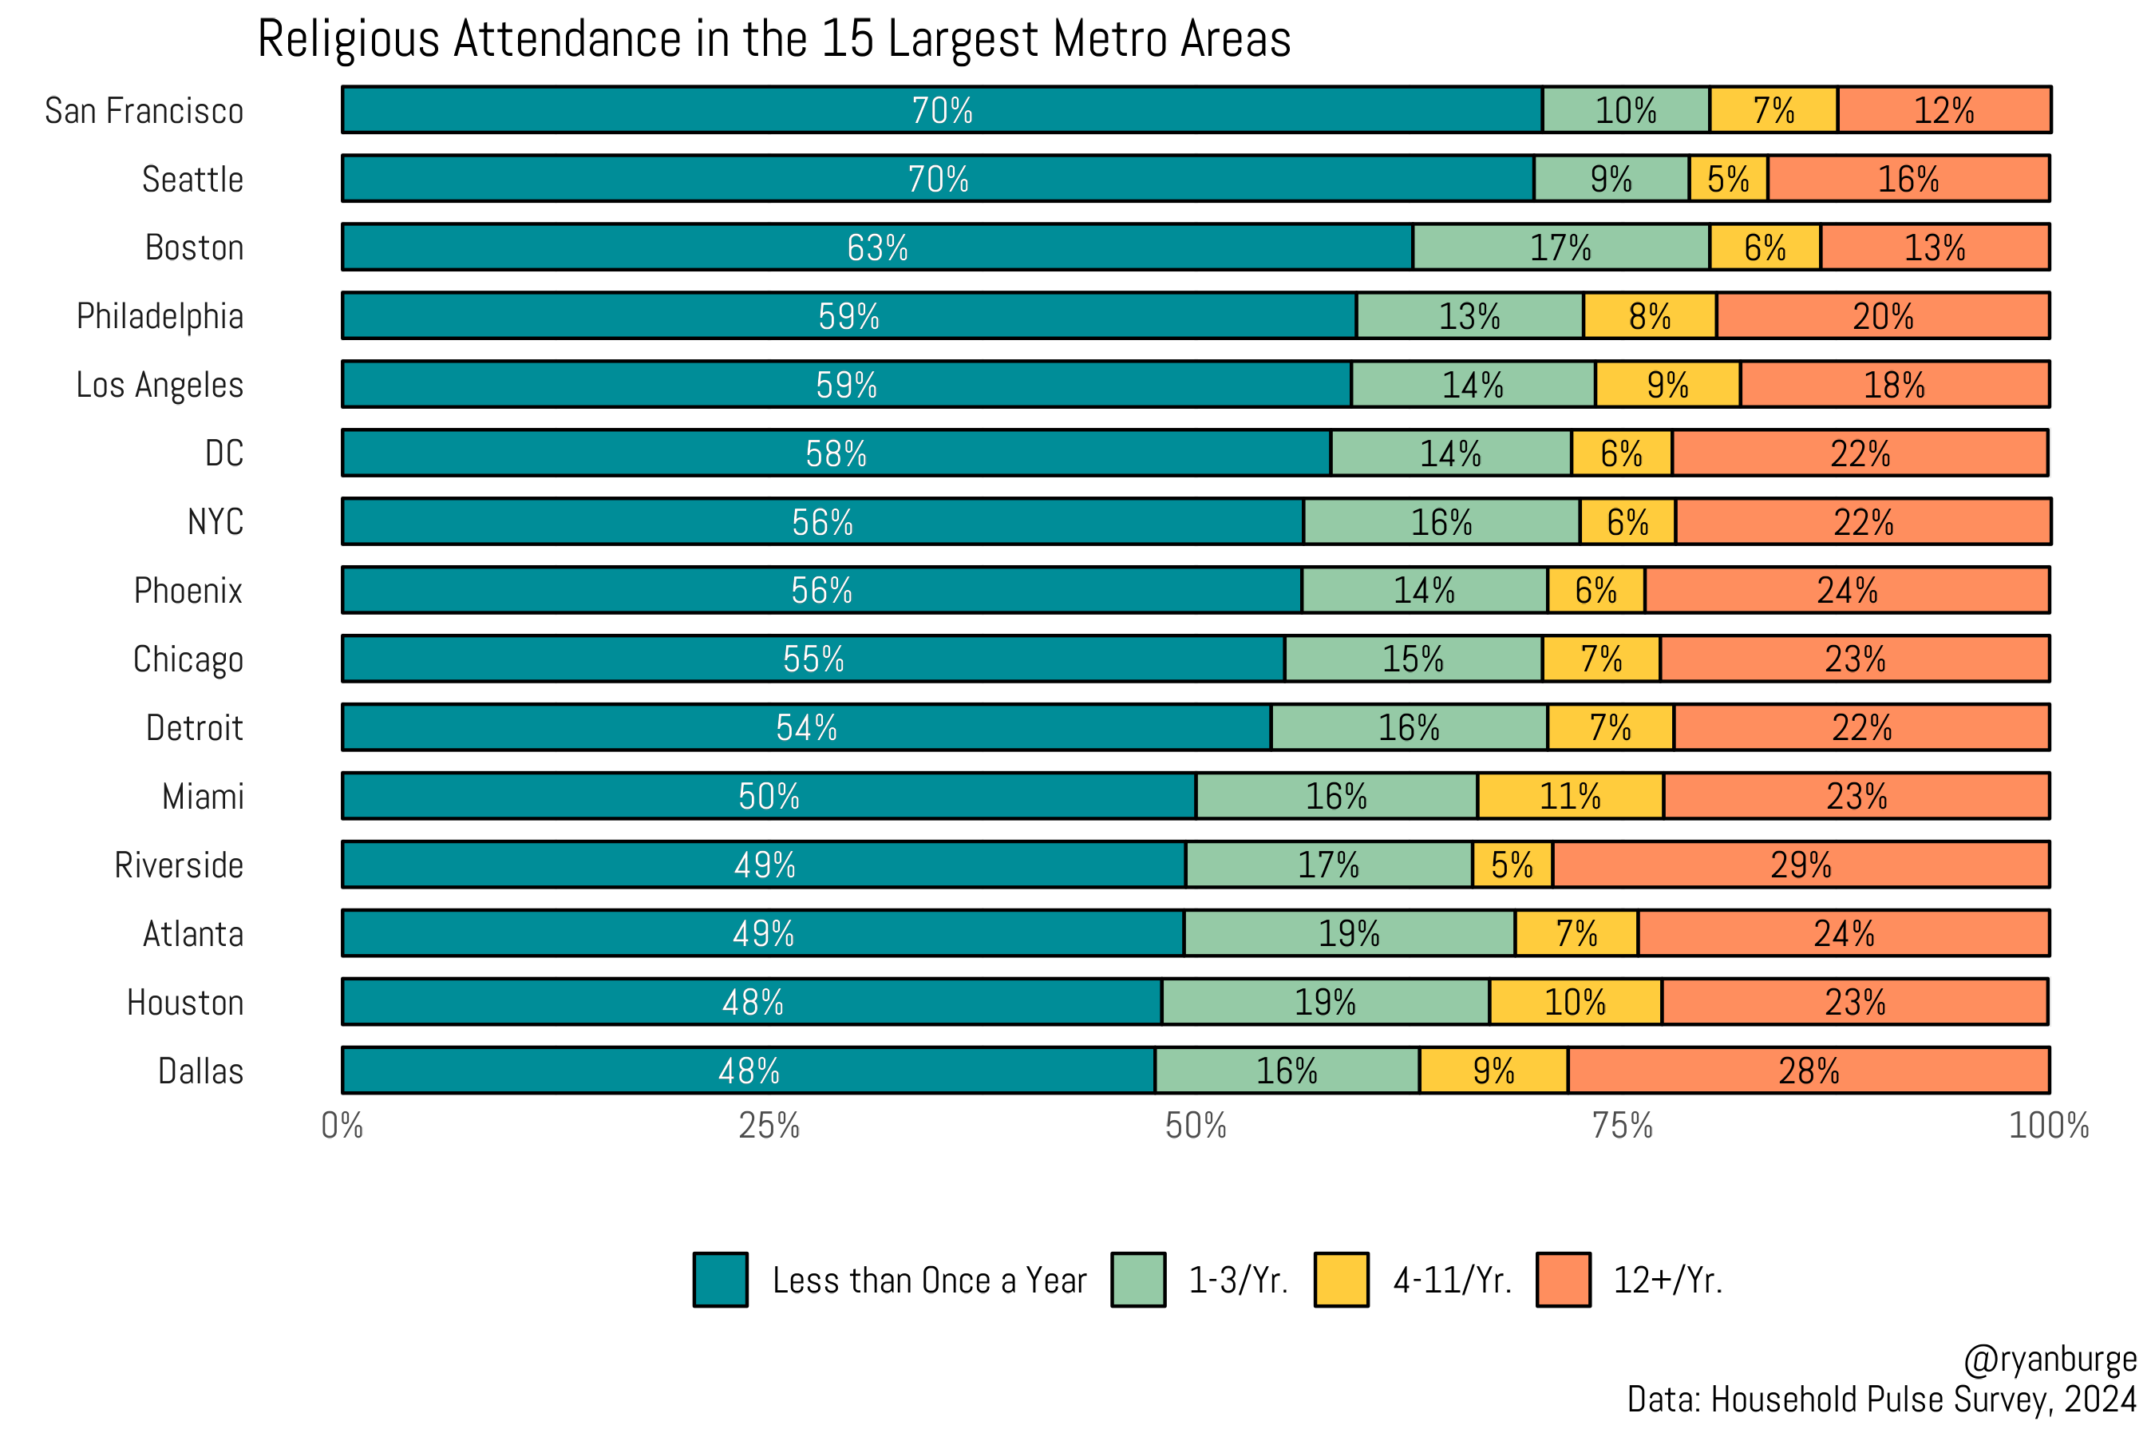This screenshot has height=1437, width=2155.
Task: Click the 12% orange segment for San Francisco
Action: coord(1943,110)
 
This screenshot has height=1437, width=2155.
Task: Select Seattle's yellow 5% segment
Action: coord(1728,179)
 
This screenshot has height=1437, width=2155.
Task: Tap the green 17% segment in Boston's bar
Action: coord(1560,247)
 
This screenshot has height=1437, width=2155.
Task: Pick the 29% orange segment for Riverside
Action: coord(1801,865)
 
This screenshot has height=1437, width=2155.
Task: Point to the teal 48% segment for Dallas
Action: coord(749,1071)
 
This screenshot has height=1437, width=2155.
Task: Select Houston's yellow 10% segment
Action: coord(1575,1002)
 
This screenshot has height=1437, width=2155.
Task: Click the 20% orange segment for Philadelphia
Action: coord(1883,316)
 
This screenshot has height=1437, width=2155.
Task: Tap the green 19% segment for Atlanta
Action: coord(1349,933)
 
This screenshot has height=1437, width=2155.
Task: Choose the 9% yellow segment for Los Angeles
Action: coord(1667,385)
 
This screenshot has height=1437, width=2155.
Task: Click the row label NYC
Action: coord(215,521)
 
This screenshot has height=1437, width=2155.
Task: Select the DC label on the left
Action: coord(223,453)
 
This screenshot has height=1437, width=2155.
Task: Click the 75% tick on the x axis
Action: coord(1622,1126)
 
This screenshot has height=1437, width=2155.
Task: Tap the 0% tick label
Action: coord(342,1126)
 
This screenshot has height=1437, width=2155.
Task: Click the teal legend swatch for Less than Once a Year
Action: coord(720,1280)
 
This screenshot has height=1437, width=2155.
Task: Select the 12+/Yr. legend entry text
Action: coord(1667,1280)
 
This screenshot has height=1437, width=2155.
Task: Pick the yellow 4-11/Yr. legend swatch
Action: coord(1342,1280)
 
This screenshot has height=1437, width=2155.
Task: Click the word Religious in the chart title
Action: coord(348,41)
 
